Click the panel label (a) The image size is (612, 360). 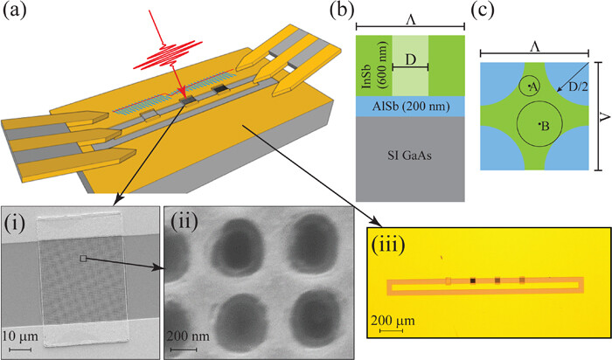(15, 12)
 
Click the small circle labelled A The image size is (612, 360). (530, 85)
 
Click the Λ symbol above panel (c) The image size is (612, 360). (533, 45)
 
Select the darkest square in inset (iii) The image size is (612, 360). (473, 280)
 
